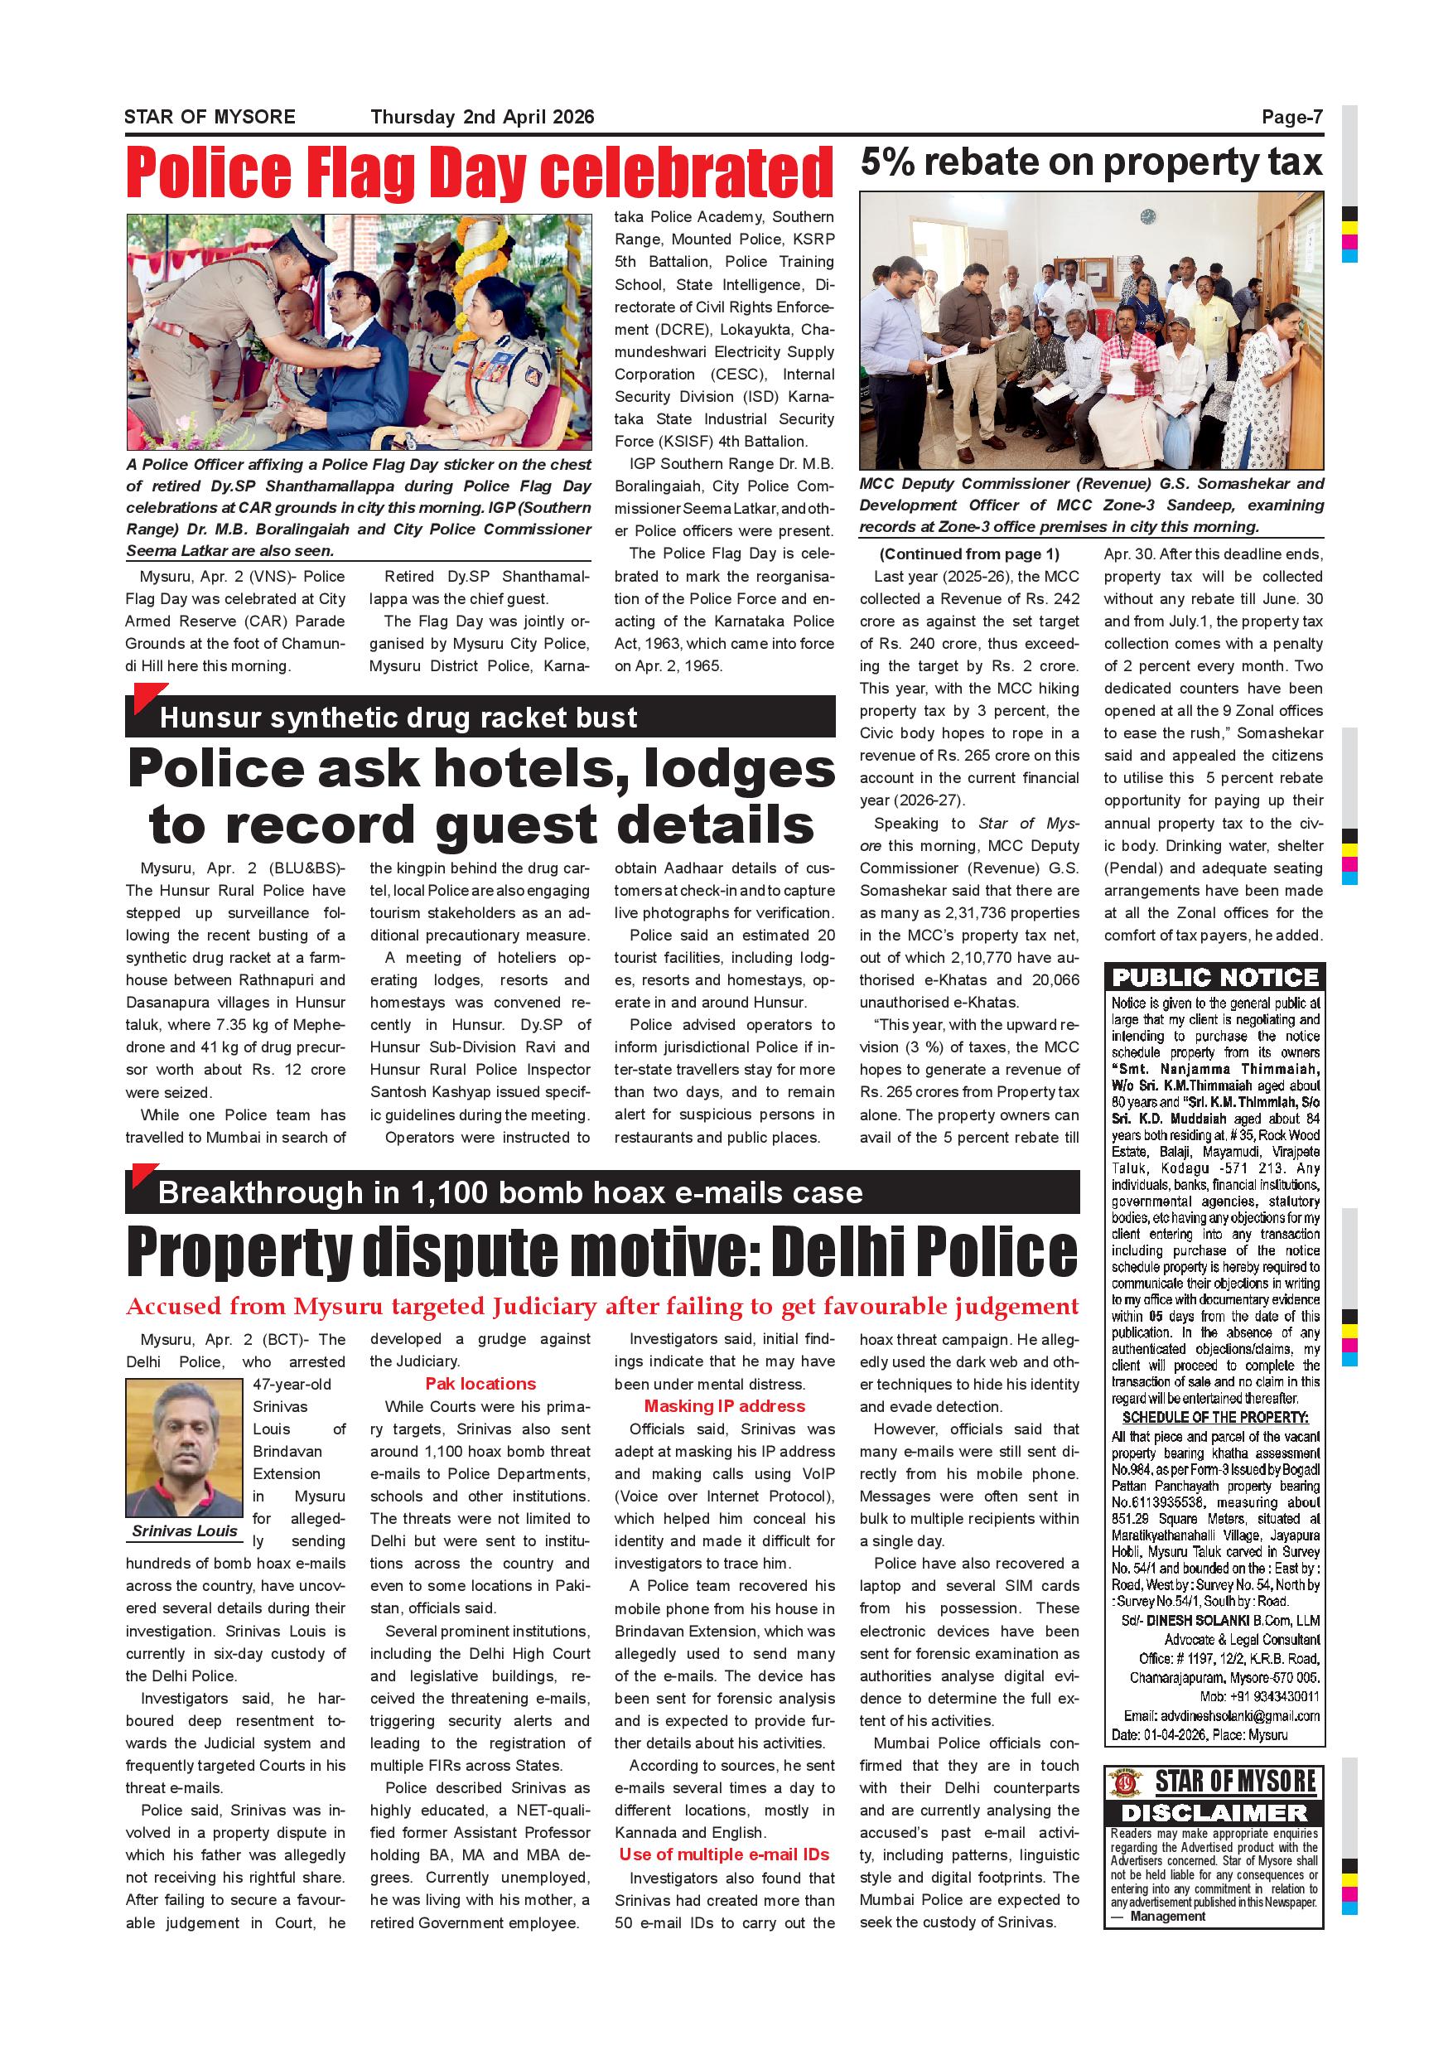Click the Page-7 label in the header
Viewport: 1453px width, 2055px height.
1291,117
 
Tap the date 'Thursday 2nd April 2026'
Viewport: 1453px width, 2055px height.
482,117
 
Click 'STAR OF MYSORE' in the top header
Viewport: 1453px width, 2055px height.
210,117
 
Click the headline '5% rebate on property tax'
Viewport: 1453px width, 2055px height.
1091,163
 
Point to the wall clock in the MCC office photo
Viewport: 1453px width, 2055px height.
1148,216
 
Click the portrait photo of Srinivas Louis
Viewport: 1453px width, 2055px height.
183,1448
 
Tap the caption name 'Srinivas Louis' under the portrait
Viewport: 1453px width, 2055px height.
184,1530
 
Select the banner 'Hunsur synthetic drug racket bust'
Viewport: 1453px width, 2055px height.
398,718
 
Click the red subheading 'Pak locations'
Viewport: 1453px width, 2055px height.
480,1384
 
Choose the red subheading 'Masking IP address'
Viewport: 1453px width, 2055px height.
724,1406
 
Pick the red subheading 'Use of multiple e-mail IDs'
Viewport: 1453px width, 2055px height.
724,1854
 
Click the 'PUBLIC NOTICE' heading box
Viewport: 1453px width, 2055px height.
1215,978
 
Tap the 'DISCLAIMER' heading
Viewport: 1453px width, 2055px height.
1214,1812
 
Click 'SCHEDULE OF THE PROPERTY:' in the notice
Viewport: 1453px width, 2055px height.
1215,1418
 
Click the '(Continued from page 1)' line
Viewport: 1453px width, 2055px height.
969,554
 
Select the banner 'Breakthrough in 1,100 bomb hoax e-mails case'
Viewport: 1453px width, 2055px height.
510,1193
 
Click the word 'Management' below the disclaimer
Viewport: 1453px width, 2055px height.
1166,1917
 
